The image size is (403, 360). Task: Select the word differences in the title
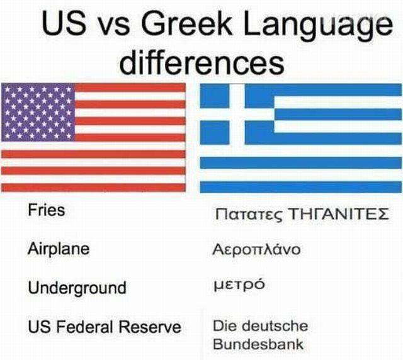pos(202,62)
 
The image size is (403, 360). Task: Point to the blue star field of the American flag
pos(38,112)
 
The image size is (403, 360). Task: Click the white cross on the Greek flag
pos(237,115)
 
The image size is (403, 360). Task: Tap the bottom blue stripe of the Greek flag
pos(301,187)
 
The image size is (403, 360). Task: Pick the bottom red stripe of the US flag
pos(93,188)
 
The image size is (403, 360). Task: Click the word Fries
pos(46,210)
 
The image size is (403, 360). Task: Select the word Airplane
pos(59,249)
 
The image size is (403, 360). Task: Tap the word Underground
pos(77,288)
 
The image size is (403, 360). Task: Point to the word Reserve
pos(150,327)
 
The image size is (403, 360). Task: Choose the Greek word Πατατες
pos(249,215)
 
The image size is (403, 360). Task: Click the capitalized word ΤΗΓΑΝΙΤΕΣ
pos(339,214)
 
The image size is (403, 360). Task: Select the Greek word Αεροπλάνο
pos(256,249)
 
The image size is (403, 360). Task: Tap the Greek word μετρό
pos(239,285)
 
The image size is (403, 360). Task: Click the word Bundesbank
pos(258,344)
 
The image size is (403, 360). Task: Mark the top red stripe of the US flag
pos(130,87)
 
